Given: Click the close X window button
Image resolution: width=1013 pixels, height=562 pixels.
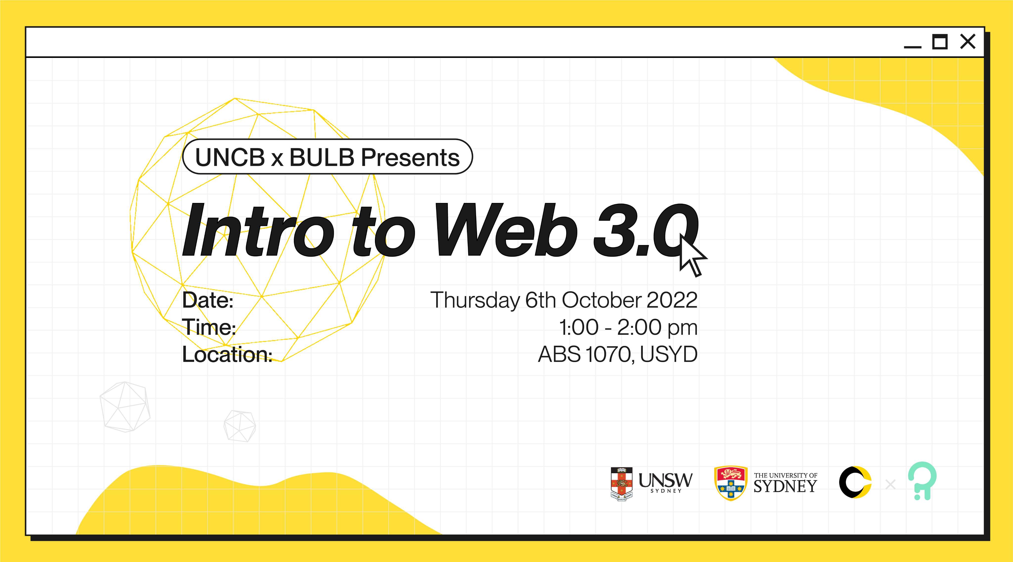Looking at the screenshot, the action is pos(968,41).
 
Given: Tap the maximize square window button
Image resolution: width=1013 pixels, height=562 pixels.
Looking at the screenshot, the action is pos(940,41).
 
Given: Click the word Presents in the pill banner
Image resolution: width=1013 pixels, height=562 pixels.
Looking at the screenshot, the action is pos(410,157).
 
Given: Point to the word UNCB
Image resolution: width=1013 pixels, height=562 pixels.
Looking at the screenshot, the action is pos(230,157).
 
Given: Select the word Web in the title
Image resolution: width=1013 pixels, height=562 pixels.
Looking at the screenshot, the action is pos(505,230).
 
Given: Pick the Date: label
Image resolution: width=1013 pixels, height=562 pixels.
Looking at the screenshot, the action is pos(208,300).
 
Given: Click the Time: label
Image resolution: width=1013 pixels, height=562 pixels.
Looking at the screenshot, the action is pos(209,327).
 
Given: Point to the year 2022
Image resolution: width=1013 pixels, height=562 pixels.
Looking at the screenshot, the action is pos(672,300).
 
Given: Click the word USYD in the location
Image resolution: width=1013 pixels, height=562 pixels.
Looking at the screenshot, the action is pos(668,354).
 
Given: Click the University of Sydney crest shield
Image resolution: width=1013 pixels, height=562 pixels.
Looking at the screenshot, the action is pos(731,483).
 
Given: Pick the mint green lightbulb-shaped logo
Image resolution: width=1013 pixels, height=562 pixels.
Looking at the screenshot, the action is pos(922,481).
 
